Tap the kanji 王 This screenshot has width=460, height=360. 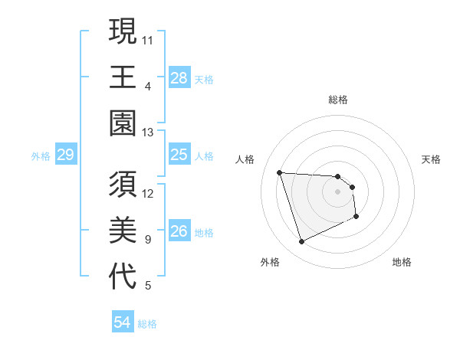(123, 77)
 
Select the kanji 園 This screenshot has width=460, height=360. (123, 123)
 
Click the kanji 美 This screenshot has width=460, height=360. (123, 231)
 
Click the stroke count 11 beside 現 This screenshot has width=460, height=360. (149, 38)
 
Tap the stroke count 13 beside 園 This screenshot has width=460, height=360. (149, 132)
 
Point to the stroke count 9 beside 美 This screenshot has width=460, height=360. (148, 240)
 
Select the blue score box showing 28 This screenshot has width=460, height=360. (179, 77)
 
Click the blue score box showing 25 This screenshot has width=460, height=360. (179, 155)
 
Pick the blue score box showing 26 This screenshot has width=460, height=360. (179, 232)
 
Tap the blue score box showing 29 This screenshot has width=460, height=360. (65, 155)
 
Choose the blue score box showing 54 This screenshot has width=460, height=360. (122, 322)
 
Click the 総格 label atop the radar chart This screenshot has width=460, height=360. (338, 100)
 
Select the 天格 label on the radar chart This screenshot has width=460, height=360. (431, 159)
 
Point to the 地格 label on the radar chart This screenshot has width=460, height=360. (402, 262)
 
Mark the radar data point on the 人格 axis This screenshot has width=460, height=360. (280, 172)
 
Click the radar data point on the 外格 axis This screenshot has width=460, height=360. (301, 242)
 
